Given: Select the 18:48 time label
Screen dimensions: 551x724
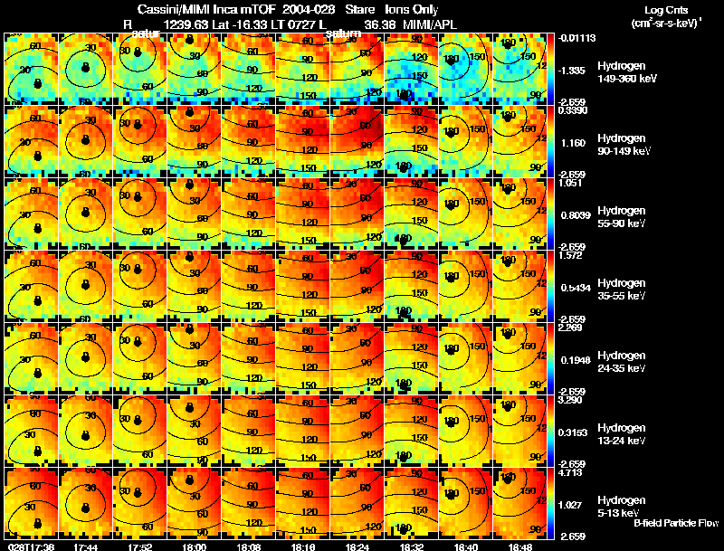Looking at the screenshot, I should click(519, 546).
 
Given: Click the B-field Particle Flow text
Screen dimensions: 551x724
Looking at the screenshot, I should click(674, 523).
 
